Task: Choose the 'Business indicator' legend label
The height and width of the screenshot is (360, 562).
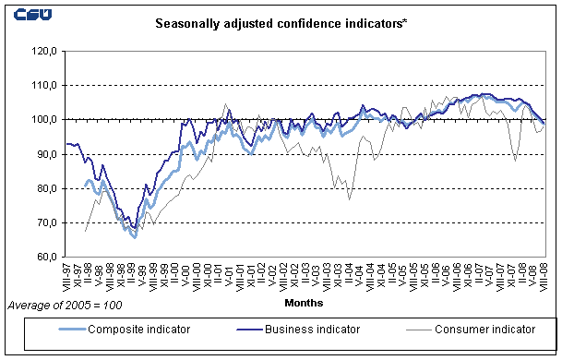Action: pyautogui.click(x=312, y=329)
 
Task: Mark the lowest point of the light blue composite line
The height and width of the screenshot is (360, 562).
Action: pyautogui.click(x=134, y=237)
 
